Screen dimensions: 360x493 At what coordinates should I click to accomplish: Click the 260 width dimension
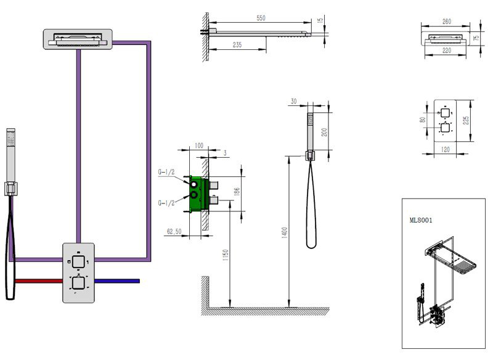tap(447, 22)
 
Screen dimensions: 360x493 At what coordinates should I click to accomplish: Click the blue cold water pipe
tap(117, 280)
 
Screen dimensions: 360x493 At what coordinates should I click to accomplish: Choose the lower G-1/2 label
tap(167, 202)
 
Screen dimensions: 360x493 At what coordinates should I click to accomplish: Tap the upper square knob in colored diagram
tap(79, 261)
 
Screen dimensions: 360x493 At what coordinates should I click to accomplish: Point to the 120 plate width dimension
tap(445, 150)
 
